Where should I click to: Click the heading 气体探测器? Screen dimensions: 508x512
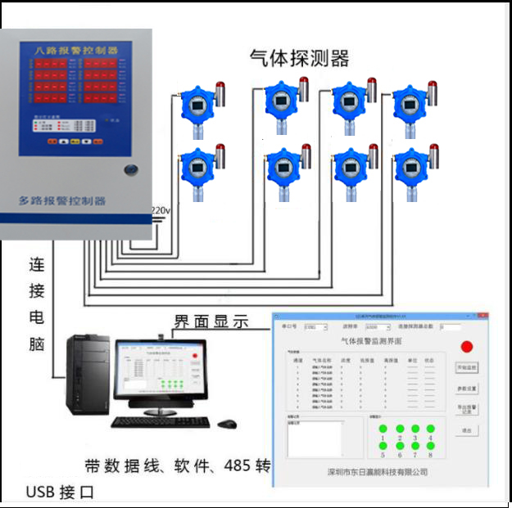pyautogui.click(x=299, y=58)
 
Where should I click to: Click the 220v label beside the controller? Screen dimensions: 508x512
pyautogui.click(x=161, y=212)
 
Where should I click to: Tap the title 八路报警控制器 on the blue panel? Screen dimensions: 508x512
pyautogui.click(x=75, y=51)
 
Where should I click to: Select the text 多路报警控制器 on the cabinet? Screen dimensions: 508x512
pyautogui.click(x=61, y=200)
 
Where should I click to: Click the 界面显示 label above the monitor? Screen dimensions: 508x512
pyautogui.click(x=211, y=322)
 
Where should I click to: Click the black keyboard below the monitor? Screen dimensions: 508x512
pyautogui.click(x=161, y=422)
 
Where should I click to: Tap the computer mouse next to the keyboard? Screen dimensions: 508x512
pyautogui.click(x=226, y=423)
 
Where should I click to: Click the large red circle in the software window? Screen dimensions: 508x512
pyautogui.click(x=467, y=346)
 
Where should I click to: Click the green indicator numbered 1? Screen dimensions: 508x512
pyautogui.click(x=383, y=429)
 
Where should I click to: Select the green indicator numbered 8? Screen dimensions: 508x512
pyautogui.click(x=430, y=445)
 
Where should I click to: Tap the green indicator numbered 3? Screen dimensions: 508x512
pyautogui.click(x=415, y=429)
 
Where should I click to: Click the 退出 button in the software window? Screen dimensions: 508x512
pyautogui.click(x=467, y=430)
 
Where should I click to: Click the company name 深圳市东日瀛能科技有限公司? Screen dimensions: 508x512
pyautogui.click(x=374, y=472)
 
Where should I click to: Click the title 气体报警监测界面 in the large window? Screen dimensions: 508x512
pyautogui.click(x=372, y=339)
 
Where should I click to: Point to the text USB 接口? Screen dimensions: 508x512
pyautogui.click(x=60, y=492)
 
